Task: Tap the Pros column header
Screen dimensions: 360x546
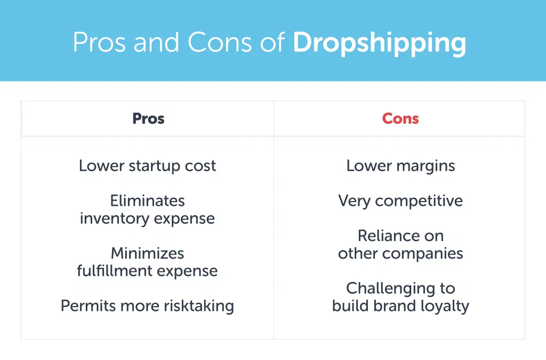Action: click(148, 118)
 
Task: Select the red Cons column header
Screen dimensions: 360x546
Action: click(400, 118)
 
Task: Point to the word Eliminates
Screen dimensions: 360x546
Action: click(147, 201)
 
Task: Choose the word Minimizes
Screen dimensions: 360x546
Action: click(147, 253)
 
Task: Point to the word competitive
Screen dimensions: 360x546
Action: click(419, 201)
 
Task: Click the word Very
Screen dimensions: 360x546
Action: click(354, 201)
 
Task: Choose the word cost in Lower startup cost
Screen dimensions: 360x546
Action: click(200, 166)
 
